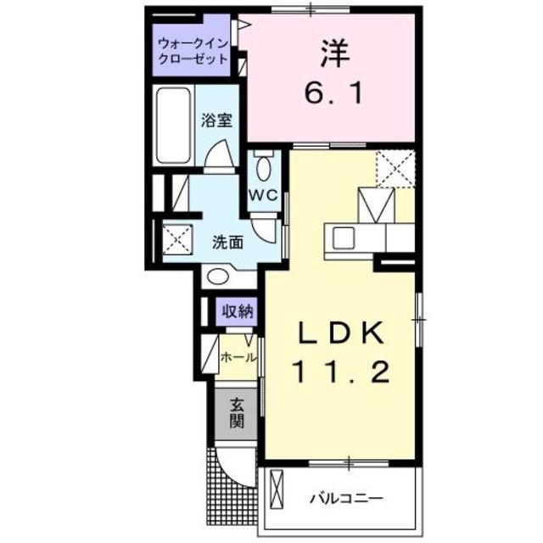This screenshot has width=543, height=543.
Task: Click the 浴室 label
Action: point(216,120)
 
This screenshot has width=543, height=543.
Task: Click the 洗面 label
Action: point(227,241)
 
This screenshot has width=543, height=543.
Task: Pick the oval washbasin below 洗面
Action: point(218,276)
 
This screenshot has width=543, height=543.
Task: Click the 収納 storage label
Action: point(238,311)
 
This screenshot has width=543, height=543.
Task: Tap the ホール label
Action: point(238,358)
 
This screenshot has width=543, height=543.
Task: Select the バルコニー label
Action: point(346,496)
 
